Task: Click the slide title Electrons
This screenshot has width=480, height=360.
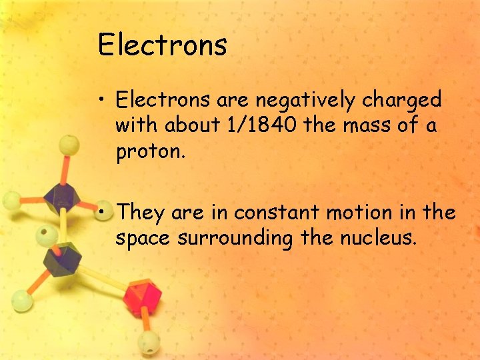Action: [x=162, y=45]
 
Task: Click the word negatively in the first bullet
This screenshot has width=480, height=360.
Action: [x=306, y=101]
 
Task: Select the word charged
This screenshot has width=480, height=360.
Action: [x=402, y=101]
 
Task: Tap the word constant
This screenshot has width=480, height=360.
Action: [x=280, y=213]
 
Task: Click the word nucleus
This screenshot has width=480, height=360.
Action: [x=380, y=238]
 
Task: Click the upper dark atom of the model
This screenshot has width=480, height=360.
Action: [x=62, y=196]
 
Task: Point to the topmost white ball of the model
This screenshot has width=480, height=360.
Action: [x=68, y=145]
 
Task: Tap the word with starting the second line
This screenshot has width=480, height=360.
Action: [x=138, y=125]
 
